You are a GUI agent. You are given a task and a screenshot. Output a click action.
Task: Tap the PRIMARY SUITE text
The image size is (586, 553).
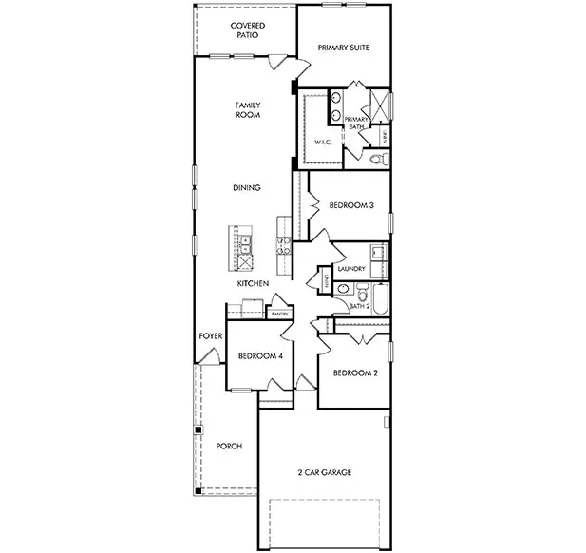(343, 47)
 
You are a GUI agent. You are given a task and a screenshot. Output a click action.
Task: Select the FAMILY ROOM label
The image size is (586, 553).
(248, 109)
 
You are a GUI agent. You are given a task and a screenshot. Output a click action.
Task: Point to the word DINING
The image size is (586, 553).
(246, 188)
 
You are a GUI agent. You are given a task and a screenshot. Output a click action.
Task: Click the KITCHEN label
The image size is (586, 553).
(253, 284)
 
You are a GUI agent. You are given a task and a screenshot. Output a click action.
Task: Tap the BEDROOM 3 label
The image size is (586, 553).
(350, 205)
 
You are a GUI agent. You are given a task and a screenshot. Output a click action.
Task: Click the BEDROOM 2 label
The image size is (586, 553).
(355, 373)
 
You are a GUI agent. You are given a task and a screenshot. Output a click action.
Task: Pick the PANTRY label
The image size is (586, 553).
(279, 313)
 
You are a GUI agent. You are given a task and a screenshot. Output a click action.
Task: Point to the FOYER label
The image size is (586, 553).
(209, 337)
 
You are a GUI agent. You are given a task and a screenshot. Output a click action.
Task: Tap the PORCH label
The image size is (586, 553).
(229, 446)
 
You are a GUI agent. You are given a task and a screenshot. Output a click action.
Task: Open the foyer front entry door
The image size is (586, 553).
(206, 358)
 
